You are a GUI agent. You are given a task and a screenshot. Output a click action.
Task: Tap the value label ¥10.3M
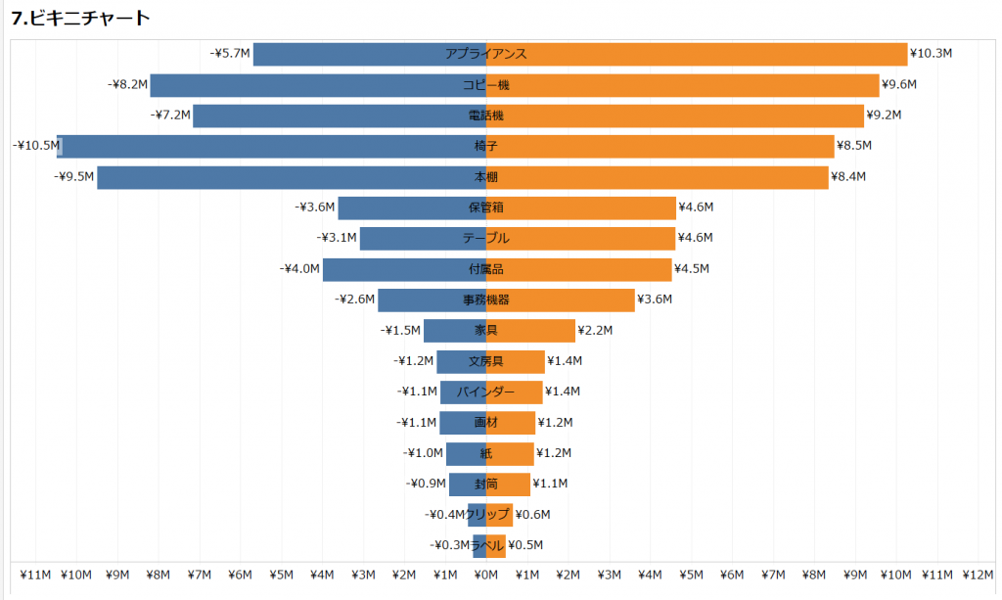931,54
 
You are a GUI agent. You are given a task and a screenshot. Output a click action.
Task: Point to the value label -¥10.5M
34,146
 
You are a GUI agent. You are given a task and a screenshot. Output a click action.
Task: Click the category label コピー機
486,85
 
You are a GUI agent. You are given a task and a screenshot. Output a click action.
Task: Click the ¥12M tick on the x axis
979,575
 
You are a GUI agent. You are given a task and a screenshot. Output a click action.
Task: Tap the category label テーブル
486,238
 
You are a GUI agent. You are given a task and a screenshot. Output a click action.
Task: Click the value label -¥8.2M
127,85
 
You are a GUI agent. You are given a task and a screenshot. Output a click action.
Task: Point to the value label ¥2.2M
595,331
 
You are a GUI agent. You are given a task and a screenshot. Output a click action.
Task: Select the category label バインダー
486,392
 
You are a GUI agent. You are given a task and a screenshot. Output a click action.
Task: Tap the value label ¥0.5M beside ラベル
525,545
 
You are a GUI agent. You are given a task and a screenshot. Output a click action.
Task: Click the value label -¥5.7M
230,54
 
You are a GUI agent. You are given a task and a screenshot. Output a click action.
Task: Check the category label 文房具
486,361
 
